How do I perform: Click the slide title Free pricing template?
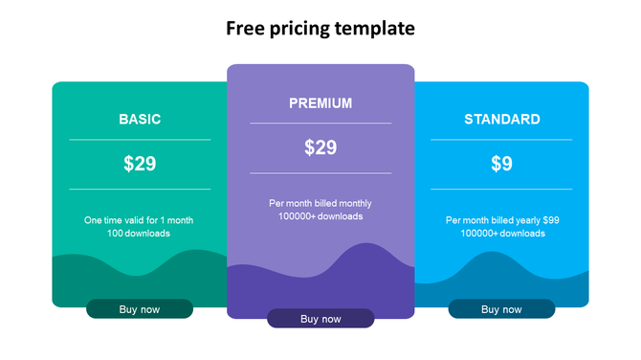(x=320, y=29)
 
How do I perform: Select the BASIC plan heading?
(x=140, y=120)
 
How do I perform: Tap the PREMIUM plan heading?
(x=320, y=103)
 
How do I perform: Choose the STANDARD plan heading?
(x=501, y=120)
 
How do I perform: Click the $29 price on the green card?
(x=140, y=164)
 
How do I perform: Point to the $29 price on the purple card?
(x=320, y=147)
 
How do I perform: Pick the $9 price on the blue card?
(x=501, y=164)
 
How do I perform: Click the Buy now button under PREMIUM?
(x=320, y=319)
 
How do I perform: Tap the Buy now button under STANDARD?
(x=501, y=309)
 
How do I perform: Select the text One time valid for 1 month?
(x=139, y=220)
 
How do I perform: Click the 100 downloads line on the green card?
(x=139, y=234)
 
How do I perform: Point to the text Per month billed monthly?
(x=320, y=203)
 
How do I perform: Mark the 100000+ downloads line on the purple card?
(x=320, y=216)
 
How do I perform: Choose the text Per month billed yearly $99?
(x=502, y=220)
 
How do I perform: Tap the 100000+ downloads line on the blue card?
(x=502, y=234)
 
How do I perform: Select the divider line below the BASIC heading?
(x=140, y=140)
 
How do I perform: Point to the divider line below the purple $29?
(x=320, y=173)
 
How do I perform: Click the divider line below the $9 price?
(x=501, y=190)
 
